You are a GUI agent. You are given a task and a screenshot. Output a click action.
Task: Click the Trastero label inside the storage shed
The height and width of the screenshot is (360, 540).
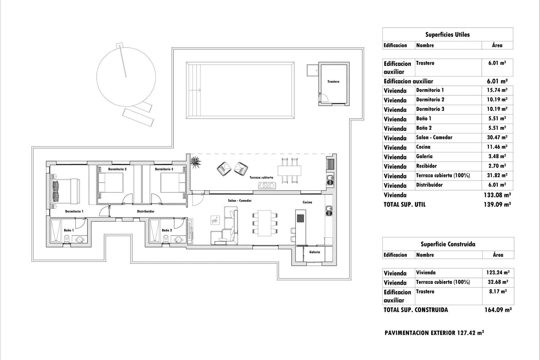tap(333, 82)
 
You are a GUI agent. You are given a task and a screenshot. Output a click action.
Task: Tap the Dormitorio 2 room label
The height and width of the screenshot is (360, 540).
tap(117, 169)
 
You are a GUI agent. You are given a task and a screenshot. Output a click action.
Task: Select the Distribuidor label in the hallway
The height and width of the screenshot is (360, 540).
tap(145, 211)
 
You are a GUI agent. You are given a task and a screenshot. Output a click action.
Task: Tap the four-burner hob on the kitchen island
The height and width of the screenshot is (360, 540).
tap(300, 218)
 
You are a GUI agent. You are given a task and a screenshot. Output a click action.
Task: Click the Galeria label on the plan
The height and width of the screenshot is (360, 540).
tap(314, 252)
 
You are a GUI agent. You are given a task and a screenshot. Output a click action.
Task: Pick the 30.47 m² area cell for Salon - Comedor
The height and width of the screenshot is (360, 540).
tap(497, 138)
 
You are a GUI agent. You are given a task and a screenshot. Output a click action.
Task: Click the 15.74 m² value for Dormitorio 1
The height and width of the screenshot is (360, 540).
tap(497, 90)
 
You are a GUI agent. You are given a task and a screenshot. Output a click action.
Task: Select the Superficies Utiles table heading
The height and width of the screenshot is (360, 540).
tap(447, 35)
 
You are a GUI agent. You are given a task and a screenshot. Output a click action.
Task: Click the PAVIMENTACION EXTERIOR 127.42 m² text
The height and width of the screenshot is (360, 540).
tap(434, 333)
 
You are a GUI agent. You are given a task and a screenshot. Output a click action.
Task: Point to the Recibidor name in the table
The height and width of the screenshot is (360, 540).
tap(426, 166)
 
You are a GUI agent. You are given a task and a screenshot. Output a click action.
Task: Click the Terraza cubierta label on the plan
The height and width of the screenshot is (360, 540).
tap(261, 177)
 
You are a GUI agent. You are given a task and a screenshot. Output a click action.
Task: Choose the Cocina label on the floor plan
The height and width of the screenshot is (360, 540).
tap(307, 202)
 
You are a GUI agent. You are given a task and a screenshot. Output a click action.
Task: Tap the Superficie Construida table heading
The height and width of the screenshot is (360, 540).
tap(448, 244)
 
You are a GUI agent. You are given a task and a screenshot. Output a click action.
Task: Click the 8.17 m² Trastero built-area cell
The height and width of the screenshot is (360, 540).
tap(498, 292)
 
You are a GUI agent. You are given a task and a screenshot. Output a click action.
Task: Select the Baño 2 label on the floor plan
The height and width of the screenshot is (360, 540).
tap(167, 230)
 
